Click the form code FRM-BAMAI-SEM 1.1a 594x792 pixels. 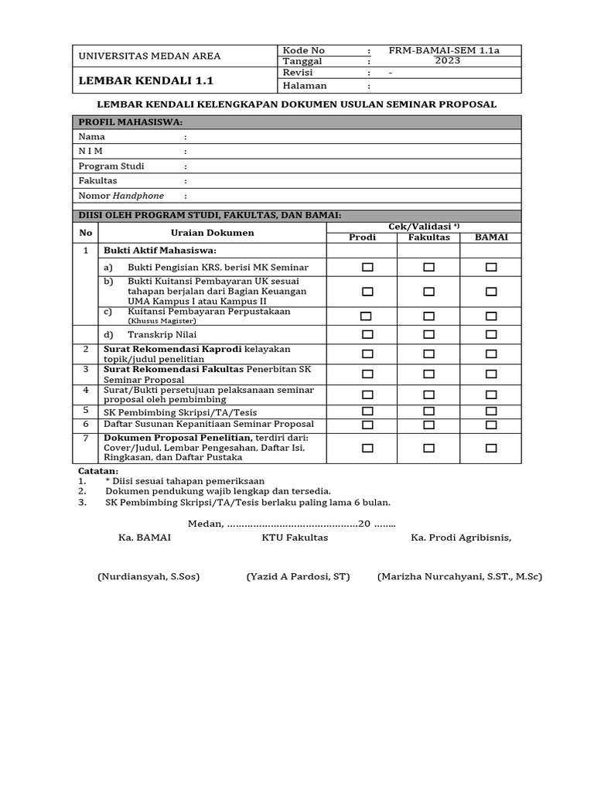point(444,51)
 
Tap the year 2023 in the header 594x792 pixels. point(447,61)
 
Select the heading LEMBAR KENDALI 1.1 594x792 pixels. point(145,80)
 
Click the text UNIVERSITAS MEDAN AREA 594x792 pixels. point(149,56)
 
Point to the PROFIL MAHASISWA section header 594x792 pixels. point(130,122)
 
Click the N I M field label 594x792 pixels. point(90,151)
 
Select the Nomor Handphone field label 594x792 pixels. point(121,196)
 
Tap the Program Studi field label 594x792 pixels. point(111,166)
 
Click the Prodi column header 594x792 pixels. point(363,237)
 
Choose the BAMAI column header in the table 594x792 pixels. point(490,237)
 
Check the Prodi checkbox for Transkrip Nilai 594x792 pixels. point(367,334)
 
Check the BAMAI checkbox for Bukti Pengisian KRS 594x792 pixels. point(491,267)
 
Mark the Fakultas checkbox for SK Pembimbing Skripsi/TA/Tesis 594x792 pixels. point(428,411)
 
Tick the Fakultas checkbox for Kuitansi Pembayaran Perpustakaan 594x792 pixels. point(428,316)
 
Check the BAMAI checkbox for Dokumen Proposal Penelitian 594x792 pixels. point(491,448)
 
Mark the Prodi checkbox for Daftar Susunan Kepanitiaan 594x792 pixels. point(367,425)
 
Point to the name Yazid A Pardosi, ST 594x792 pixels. point(299,577)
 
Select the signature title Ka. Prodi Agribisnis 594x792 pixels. point(460,538)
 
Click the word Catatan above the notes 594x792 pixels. point(99,471)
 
